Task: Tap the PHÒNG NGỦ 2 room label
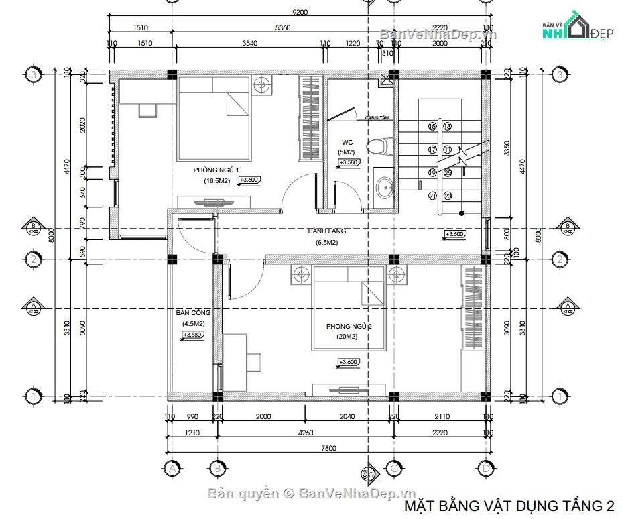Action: [349, 326]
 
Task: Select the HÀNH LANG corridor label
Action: [326, 231]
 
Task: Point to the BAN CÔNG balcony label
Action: [193, 312]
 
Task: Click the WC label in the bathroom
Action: [347, 142]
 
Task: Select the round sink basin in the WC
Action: [385, 188]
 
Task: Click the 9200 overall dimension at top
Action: [300, 12]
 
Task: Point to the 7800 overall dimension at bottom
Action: [328, 449]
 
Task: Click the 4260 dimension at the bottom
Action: [305, 432]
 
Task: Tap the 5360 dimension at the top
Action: [284, 28]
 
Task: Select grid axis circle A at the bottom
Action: [172, 467]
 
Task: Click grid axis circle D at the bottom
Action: [485, 467]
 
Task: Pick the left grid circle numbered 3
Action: [32, 74]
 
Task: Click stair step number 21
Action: [432, 196]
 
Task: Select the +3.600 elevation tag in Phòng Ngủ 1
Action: [249, 180]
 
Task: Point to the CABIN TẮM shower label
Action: [377, 118]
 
